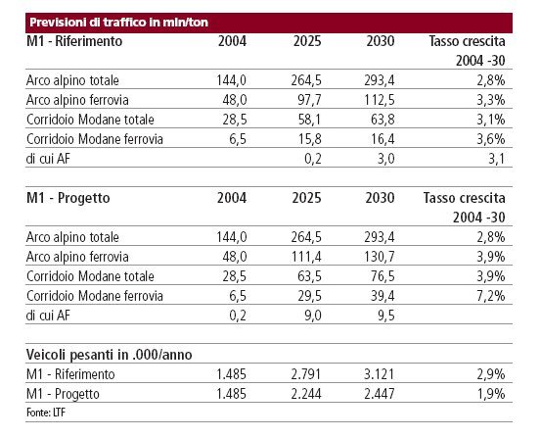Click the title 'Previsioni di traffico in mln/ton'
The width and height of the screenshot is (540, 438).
[118, 23]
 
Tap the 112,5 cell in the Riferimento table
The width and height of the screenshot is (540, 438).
[380, 100]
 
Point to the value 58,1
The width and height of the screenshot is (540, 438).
[309, 120]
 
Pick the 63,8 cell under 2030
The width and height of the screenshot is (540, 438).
[382, 120]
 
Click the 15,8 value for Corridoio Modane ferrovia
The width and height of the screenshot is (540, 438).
[309, 139]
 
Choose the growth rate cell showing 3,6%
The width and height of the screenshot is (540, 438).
[491, 139]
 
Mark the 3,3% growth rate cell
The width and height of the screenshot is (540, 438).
[491, 100]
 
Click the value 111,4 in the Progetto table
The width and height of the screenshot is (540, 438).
[306, 257]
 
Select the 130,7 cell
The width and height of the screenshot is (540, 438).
[380, 257]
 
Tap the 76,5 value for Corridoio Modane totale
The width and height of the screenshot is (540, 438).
[382, 276]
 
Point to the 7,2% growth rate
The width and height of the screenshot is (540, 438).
[491, 296]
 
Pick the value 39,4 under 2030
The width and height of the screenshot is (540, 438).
[382, 296]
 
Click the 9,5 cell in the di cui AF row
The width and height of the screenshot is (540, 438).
[385, 316]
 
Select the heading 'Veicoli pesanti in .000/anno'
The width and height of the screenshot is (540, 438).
[110, 355]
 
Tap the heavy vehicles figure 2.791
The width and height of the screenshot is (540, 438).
[306, 374]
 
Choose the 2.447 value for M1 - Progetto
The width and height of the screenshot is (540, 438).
[380, 394]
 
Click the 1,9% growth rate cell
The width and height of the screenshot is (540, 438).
[491, 394]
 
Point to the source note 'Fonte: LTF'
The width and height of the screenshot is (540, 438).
[46, 413]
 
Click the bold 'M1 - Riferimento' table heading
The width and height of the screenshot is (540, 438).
[74, 41]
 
